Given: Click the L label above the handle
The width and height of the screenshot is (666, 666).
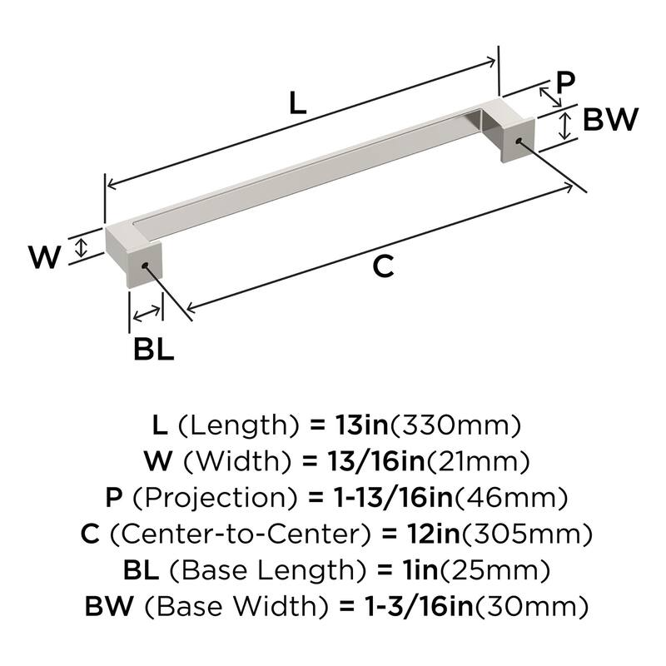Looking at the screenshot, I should tap(297, 103).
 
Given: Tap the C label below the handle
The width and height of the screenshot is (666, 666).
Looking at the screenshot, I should tap(382, 266).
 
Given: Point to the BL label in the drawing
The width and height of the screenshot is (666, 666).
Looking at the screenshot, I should tap(154, 348).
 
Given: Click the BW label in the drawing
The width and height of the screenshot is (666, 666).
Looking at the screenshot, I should tap(610, 121).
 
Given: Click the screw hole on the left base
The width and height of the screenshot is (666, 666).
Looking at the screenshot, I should tap(147, 266).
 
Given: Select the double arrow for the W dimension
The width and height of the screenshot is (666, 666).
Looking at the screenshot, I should tap(81, 247).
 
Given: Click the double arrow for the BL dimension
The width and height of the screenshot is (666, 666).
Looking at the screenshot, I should tap(147, 314).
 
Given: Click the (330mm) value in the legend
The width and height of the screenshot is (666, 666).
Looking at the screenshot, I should tap(456, 425).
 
